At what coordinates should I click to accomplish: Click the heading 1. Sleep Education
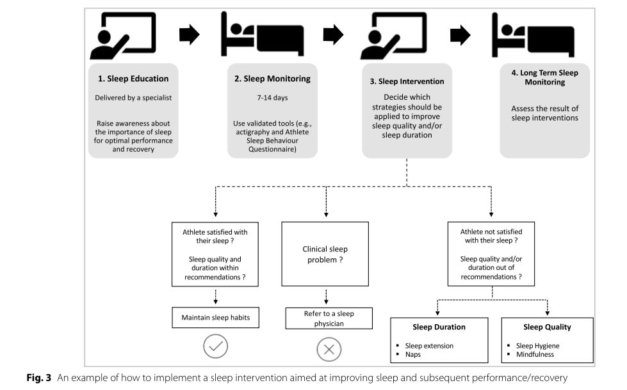(x=133, y=79)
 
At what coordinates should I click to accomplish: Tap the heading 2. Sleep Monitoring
(x=272, y=79)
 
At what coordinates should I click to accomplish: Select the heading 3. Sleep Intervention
(x=407, y=81)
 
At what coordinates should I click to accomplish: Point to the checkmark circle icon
(x=216, y=347)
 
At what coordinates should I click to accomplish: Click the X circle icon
(x=329, y=349)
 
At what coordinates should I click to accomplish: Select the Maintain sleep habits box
(x=215, y=317)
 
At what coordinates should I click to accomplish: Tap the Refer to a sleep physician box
(x=329, y=318)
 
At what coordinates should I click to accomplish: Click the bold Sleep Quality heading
(x=546, y=327)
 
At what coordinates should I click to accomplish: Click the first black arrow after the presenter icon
(x=189, y=35)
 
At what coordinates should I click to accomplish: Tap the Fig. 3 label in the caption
(x=41, y=378)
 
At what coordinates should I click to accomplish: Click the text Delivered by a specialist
(x=133, y=98)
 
